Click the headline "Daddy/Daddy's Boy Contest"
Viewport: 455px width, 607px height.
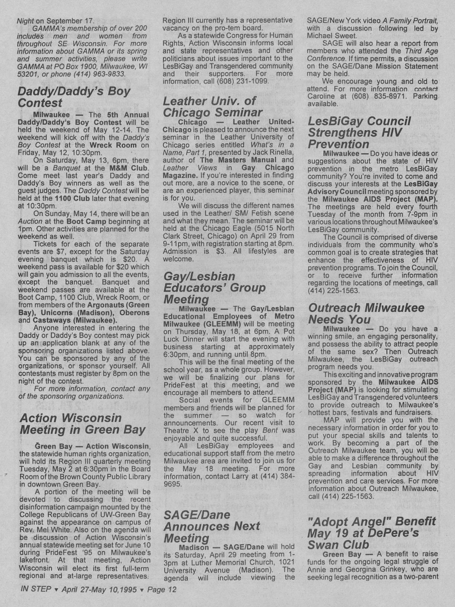(x=74, y=97)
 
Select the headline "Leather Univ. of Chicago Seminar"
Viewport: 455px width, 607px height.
(x=213, y=106)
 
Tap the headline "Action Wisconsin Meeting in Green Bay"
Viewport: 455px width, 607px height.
(x=82, y=424)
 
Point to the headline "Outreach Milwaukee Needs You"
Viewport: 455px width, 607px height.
(x=366, y=313)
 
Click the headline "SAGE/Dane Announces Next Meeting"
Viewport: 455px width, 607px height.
(x=212, y=526)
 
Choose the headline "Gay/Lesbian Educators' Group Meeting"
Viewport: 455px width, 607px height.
(x=214, y=288)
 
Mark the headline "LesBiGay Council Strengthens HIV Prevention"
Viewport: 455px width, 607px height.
(x=359, y=132)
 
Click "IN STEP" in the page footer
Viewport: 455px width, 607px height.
(x=36, y=589)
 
